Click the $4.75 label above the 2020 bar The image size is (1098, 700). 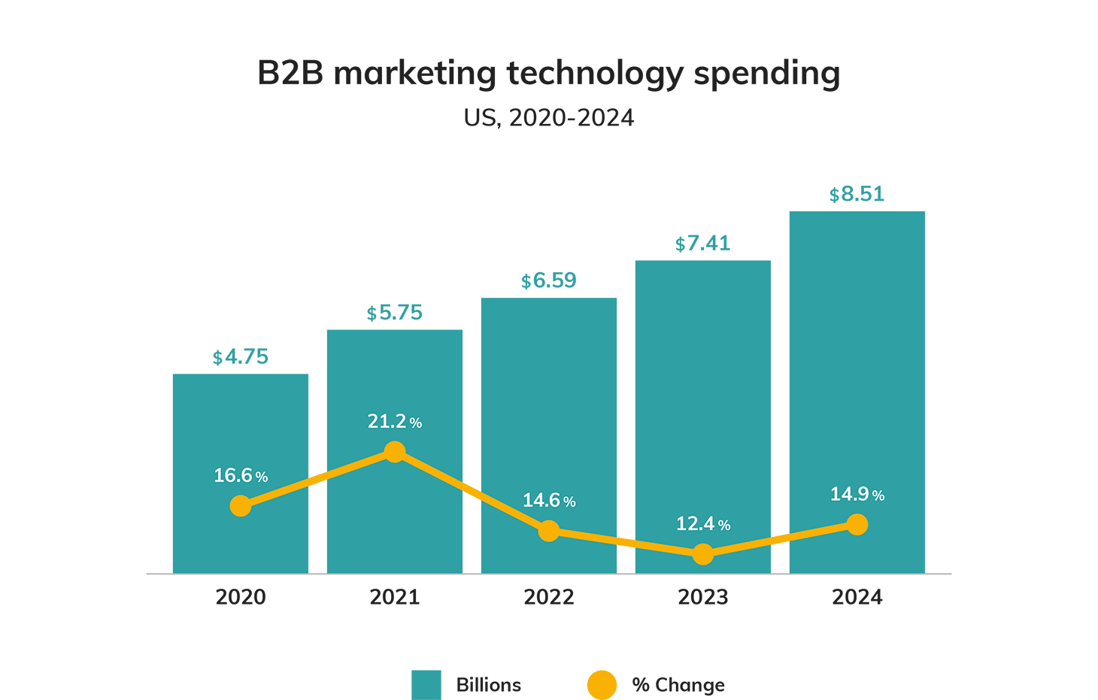pyautogui.click(x=241, y=357)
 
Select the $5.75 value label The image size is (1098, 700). pyautogui.click(x=395, y=313)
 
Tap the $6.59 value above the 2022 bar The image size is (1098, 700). pyautogui.click(x=549, y=281)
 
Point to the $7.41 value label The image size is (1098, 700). pyautogui.click(x=703, y=244)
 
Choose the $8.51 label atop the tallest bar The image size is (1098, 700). pyautogui.click(x=857, y=195)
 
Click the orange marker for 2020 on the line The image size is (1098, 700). pyautogui.click(x=241, y=506)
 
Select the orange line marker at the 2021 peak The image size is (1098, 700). pyautogui.click(x=395, y=452)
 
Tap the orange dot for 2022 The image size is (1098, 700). pyautogui.click(x=549, y=531)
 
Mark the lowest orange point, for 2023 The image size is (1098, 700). pyautogui.click(x=703, y=555)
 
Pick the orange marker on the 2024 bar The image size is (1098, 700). pyautogui.click(x=857, y=525)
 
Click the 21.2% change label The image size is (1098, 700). pyautogui.click(x=395, y=422)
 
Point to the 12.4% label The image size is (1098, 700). pyautogui.click(x=703, y=524)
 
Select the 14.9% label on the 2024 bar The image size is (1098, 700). pyautogui.click(x=857, y=494)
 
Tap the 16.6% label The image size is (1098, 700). pyautogui.click(x=241, y=476)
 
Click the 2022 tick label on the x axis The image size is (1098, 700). pyautogui.click(x=549, y=597)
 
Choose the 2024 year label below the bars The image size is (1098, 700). pyautogui.click(x=857, y=597)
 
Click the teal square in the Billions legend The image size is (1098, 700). pyautogui.click(x=426, y=685)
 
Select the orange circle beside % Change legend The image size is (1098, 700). pyautogui.click(x=602, y=685)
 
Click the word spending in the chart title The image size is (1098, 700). pyautogui.click(x=766, y=74)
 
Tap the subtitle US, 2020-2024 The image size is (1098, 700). pyautogui.click(x=549, y=118)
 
